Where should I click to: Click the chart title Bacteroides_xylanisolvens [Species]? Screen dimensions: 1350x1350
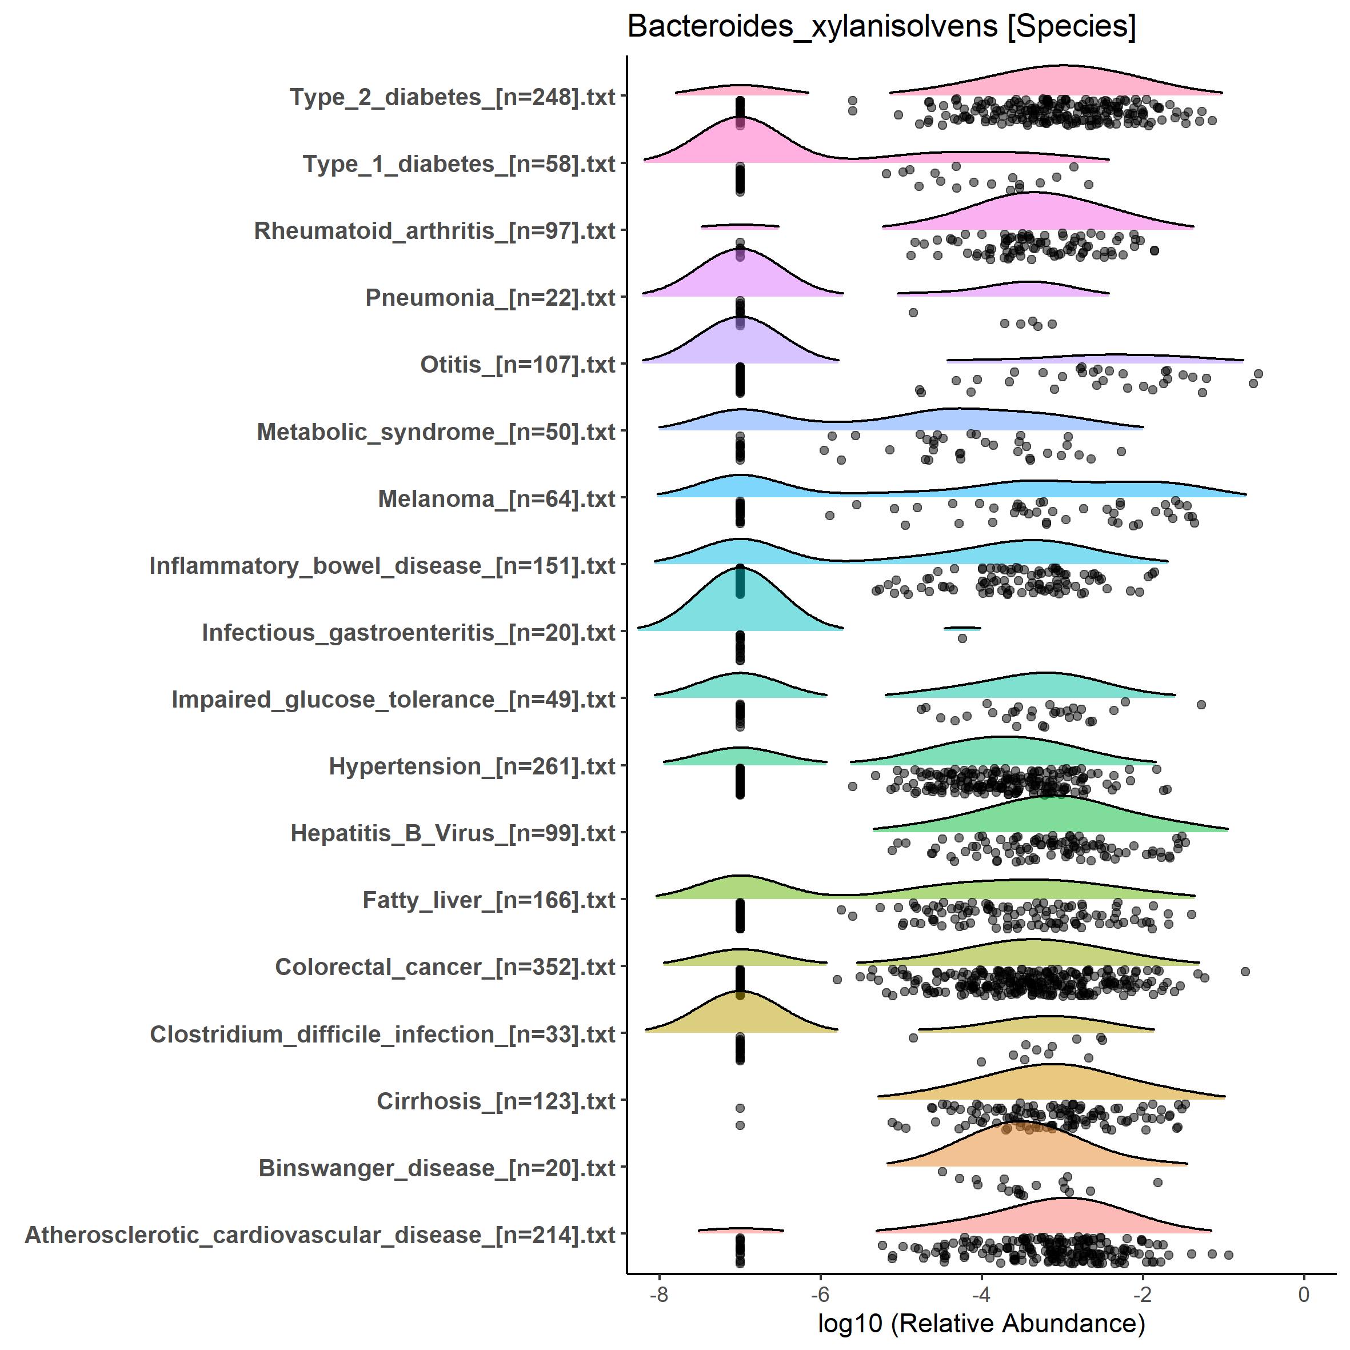click(x=881, y=26)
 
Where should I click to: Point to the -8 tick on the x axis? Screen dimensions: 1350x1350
click(x=659, y=1294)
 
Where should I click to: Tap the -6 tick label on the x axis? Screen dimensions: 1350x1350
click(x=820, y=1294)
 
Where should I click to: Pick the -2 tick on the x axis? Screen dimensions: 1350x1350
click(x=1143, y=1294)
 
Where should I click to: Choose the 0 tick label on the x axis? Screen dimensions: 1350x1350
click(x=1303, y=1294)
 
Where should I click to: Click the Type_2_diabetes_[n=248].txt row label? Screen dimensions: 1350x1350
click(x=452, y=97)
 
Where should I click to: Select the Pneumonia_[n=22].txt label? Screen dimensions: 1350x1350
click(x=490, y=298)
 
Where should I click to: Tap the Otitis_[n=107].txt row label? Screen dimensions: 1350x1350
click(x=517, y=365)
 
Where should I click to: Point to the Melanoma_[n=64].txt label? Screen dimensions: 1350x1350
click(x=496, y=499)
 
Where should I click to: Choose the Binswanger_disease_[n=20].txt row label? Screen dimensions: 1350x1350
click(x=437, y=1168)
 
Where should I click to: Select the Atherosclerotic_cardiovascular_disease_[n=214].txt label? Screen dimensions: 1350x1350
click(x=320, y=1235)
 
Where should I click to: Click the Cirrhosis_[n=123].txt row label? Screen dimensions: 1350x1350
click(x=496, y=1101)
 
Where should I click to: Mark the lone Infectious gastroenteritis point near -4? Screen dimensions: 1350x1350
click(x=962, y=638)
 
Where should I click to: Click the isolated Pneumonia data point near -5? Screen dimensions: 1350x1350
click(x=913, y=312)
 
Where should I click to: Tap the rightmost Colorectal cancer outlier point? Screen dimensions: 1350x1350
click(x=1244, y=971)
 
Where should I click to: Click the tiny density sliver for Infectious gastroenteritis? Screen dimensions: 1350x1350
click(x=962, y=628)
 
